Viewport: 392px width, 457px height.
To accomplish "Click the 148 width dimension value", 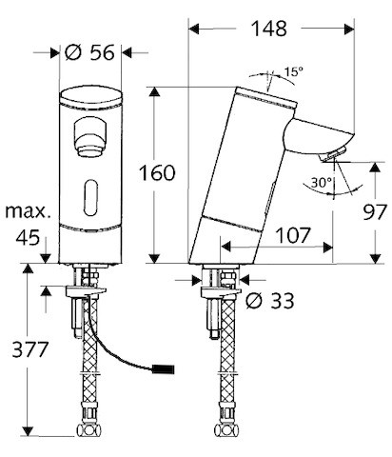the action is (x=269, y=29).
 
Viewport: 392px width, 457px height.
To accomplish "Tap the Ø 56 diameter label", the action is (x=89, y=52).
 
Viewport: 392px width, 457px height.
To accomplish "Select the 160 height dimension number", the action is (x=157, y=173).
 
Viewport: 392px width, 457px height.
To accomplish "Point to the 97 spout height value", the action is (x=375, y=211).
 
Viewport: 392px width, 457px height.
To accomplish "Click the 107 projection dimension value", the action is (x=292, y=235).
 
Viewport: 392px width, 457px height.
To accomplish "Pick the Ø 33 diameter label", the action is (x=270, y=300).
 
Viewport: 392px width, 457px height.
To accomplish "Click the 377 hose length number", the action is (x=30, y=349).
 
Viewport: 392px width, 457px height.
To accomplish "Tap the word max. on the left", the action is (x=28, y=211).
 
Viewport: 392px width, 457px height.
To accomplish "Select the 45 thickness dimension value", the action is (x=28, y=237).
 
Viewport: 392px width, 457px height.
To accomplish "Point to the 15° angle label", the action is (x=293, y=71).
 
